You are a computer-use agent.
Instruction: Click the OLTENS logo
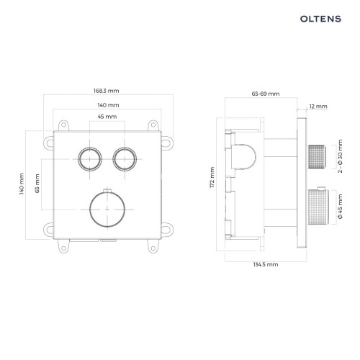[320, 19]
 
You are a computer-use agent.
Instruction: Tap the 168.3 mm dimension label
[107, 91]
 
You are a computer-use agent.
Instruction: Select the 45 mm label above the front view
[107, 117]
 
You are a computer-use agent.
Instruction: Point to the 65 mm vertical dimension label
[37, 184]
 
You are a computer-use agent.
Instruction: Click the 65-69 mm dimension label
[266, 94]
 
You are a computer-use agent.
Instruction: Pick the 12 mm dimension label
[318, 107]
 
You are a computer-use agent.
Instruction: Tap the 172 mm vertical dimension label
[212, 177]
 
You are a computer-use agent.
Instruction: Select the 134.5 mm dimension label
[266, 264]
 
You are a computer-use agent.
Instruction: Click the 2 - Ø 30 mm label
[340, 156]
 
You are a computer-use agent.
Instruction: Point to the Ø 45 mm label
[340, 207]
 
